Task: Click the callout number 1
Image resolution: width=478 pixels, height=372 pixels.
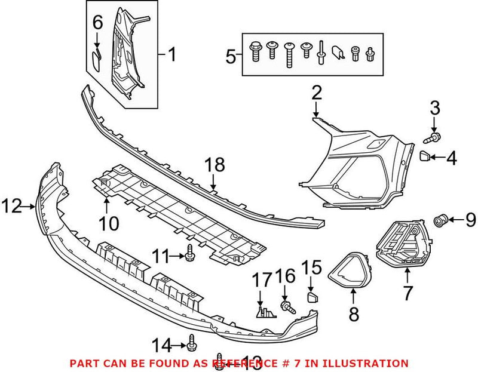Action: pyautogui.click(x=171, y=56)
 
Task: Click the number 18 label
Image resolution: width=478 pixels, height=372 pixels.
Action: pyautogui.click(x=214, y=165)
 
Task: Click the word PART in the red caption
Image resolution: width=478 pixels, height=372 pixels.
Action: pyautogui.click(x=82, y=362)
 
